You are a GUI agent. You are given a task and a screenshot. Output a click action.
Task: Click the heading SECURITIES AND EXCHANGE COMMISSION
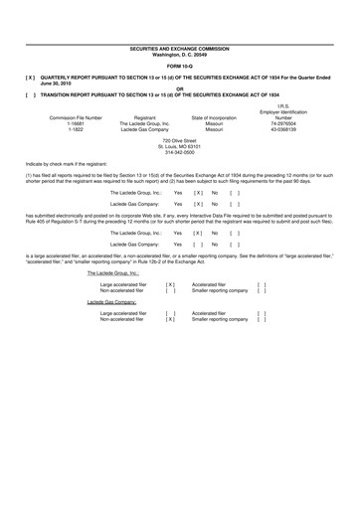point(179,47)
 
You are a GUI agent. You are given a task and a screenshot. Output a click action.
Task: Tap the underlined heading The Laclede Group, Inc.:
point(113,272)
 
